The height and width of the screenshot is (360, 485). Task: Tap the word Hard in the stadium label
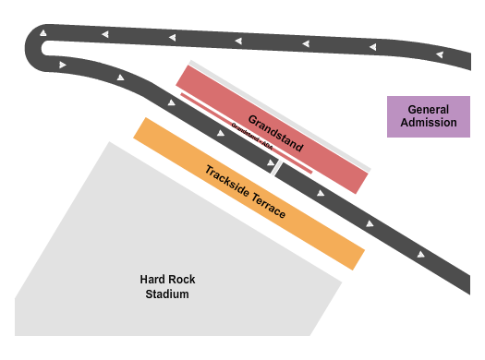pyautogui.click(x=152, y=280)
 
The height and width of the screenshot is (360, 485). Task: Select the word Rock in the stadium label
pyautogui.click(x=182, y=280)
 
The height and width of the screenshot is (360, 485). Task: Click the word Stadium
pyautogui.click(x=167, y=294)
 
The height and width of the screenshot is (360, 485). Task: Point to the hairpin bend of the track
pyautogui.click(x=42, y=46)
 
